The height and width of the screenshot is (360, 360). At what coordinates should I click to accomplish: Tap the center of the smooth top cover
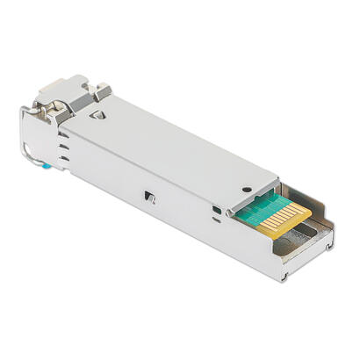pos(176,149)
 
